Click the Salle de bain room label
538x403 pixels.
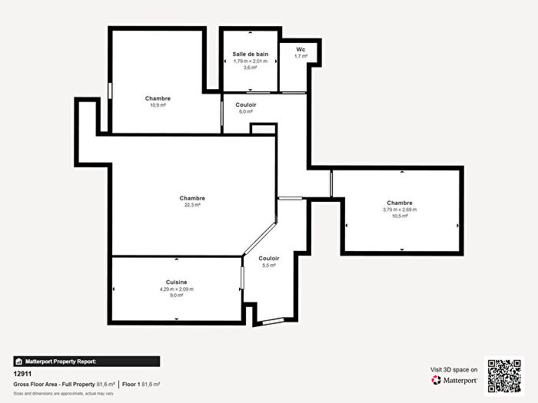click(250, 54)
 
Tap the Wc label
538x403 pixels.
click(301, 49)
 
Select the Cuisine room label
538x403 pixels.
click(177, 282)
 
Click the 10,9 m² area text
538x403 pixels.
click(158, 105)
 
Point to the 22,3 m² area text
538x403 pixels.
click(192, 205)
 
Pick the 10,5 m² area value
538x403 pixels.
click(400, 216)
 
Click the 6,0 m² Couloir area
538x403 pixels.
click(246, 111)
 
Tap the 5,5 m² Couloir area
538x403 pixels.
click(269, 265)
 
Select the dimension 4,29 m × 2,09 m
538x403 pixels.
click(177, 289)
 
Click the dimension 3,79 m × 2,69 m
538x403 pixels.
click(400, 210)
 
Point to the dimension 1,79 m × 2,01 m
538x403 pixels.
click(250, 61)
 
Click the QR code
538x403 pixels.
click(504, 375)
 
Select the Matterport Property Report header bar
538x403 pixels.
click(86, 361)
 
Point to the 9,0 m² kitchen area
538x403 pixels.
click(177, 295)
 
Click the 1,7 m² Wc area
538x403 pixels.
click(301, 56)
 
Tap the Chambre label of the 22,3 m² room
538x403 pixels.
click(192, 198)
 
